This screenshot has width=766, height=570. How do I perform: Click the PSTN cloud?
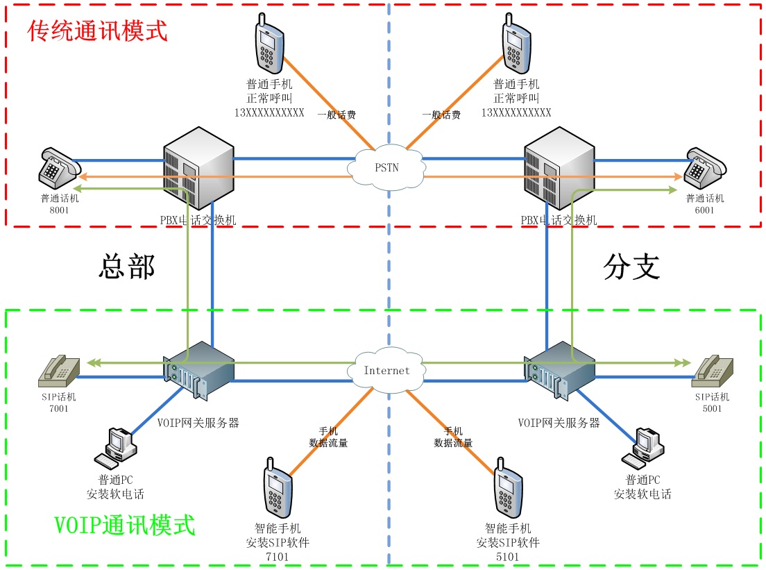[387, 167]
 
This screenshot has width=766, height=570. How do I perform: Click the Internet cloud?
[386, 370]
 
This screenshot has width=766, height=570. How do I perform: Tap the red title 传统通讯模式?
[98, 31]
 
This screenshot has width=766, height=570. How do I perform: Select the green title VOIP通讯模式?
[124, 525]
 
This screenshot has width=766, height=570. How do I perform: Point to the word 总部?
[127, 266]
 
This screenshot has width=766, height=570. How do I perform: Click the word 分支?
[631, 266]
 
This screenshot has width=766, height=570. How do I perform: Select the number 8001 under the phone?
[59, 210]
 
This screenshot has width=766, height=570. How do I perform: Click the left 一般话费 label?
[337, 115]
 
